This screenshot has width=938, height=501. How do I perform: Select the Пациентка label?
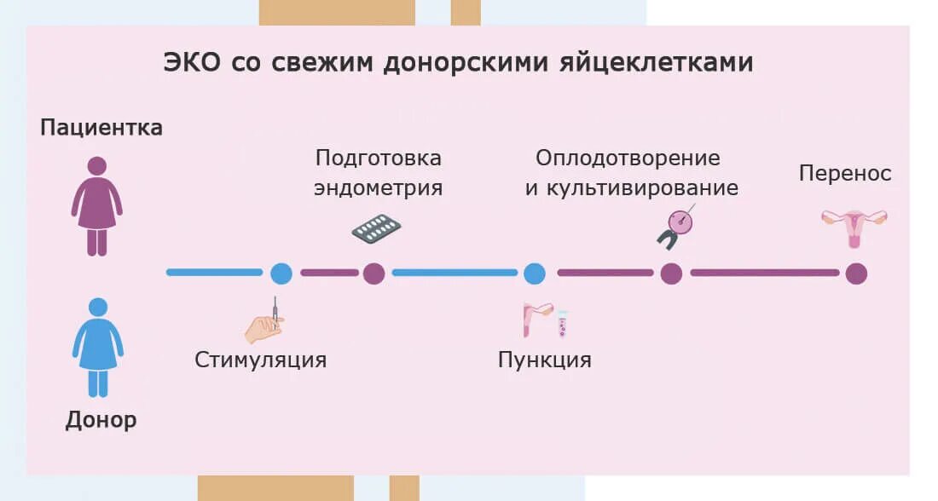pyautogui.click(x=101, y=128)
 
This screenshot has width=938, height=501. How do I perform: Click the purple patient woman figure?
pyautogui.click(x=96, y=206)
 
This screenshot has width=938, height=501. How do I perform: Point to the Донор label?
pyautogui.click(x=101, y=420)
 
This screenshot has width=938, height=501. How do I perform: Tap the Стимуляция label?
pyautogui.click(x=260, y=359)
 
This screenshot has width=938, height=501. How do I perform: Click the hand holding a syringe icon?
pyautogui.click(x=264, y=324)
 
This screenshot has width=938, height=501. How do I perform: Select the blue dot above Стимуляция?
pyautogui.click(x=281, y=274)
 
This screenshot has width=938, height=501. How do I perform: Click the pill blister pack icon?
pyautogui.click(x=376, y=227)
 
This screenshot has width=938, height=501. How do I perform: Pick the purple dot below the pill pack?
pyautogui.click(x=373, y=274)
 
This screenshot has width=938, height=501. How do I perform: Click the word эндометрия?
pyautogui.click(x=378, y=188)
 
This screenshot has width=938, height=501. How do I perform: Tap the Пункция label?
pyautogui.click(x=544, y=359)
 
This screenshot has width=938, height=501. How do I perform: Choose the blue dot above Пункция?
pyautogui.click(x=534, y=274)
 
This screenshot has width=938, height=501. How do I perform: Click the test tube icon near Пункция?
pyautogui.click(x=562, y=324)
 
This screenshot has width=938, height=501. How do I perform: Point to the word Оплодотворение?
pyautogui.click(x=628, y=158)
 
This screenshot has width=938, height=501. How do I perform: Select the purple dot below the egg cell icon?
pyautogui.click(x=671, y=274)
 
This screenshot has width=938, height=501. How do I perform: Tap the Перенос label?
pyautogui.click(x=845, y=174)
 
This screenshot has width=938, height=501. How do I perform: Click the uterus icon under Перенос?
pyautogui.click(x=854, y=227)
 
